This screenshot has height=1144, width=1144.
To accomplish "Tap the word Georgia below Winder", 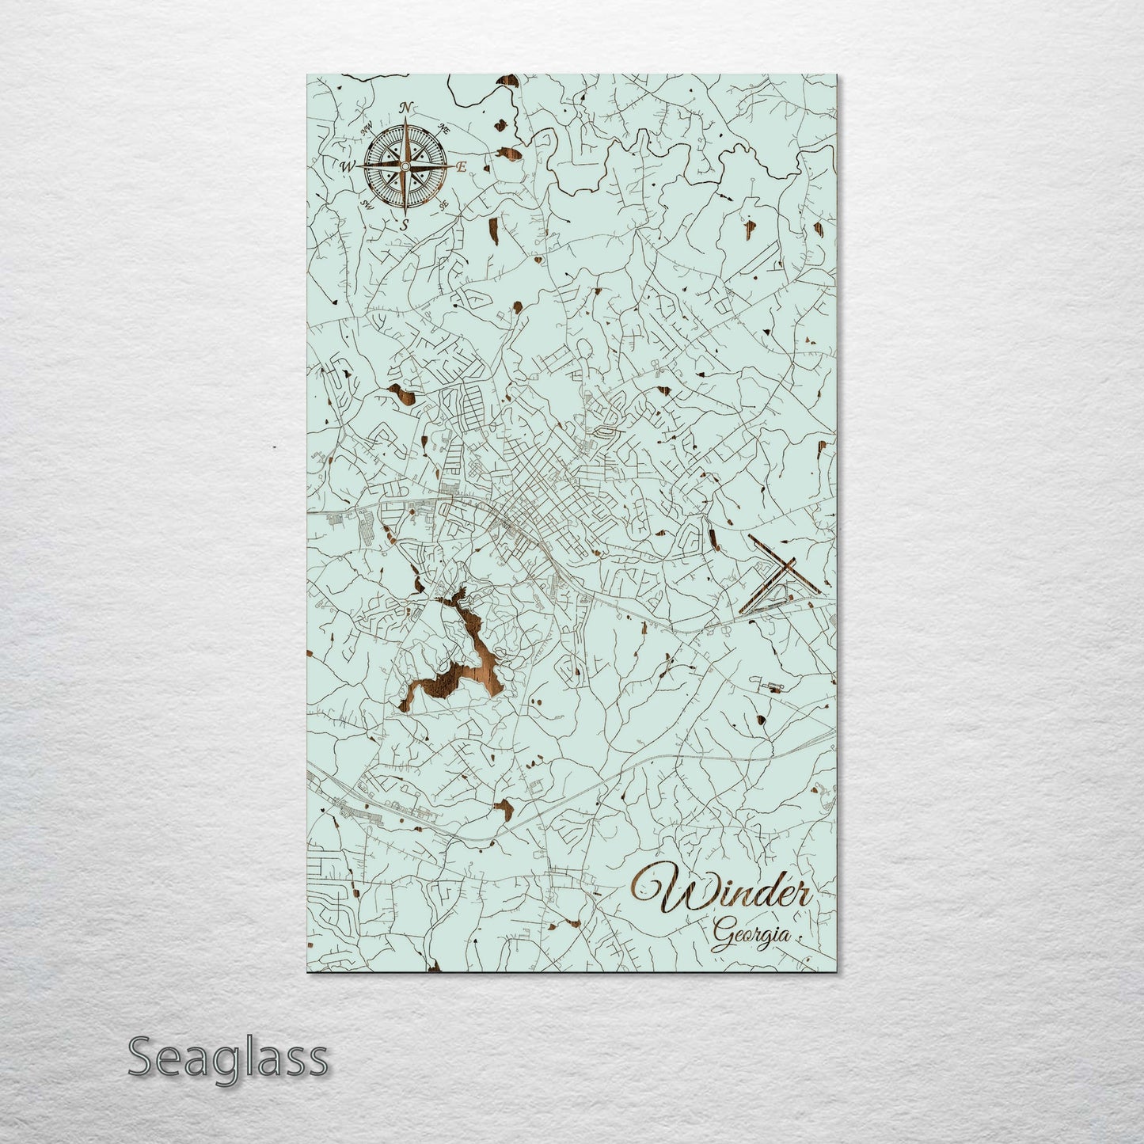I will pyautogui.click(x=751, y=936).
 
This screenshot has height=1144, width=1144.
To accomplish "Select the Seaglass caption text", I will pyautogui.click(x=227, y=1057).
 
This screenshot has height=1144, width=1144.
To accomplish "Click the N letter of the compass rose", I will pyautogui.click(x=406, y=108).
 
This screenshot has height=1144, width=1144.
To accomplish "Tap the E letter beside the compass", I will pyautogui.click(x=462, y=167).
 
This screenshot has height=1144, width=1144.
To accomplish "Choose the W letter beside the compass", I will pyautogui.click(x=347, y=167).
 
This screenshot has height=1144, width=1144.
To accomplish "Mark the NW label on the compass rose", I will pyautogui.click(x=367, y=128).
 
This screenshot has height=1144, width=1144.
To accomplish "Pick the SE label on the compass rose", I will pyautogui.click(x=444, y=204).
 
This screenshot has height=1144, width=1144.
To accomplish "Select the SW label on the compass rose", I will pyautogui.click(x=367, y=204).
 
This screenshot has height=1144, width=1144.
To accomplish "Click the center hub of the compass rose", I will pyautogui.click(x=405, y=166).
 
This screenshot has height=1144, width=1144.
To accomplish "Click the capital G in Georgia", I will pyautogui.click(x=721, y=936).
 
